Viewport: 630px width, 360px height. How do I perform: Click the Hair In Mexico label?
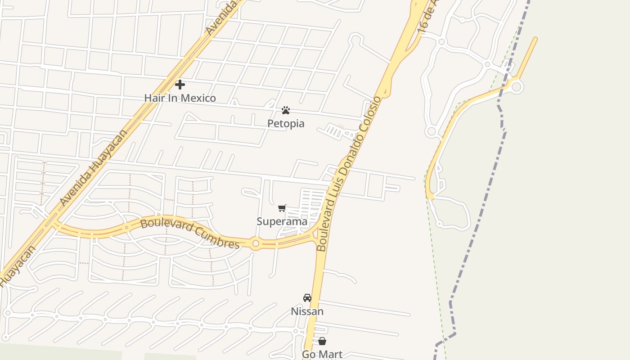[x=180, y=98]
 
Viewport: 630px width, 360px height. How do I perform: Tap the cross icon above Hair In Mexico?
[x=180, y=85]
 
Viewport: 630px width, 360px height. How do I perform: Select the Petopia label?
[x=286, y=124]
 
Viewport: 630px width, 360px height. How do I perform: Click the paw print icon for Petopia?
[x=286, y=110]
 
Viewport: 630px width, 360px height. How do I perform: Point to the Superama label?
[x=282, y=221]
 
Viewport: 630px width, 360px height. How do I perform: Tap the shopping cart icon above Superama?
[x=282, y=208]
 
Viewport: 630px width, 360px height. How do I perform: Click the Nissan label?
[x=307, y=311]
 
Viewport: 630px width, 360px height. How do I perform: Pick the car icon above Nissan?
[x=307, y=298]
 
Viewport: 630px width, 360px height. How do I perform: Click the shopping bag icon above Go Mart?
[x=322, y=341]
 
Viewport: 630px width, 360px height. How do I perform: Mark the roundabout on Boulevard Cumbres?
[x=256, y=243]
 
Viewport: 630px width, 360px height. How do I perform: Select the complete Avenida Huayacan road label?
[x=94, y=167]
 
